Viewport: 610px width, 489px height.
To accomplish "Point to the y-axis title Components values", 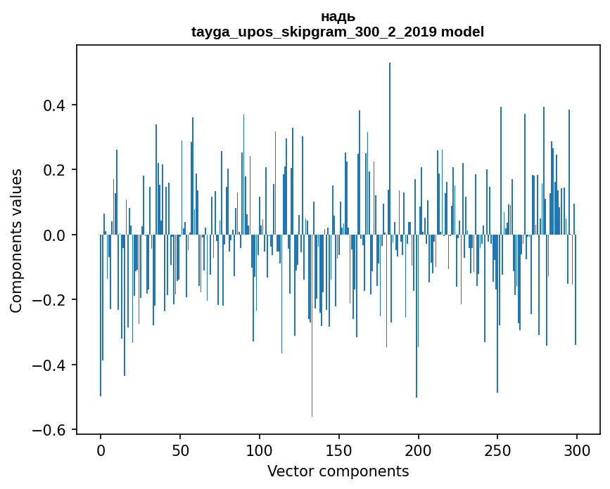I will (x=16, y=240).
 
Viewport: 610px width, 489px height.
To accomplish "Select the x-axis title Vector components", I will (x=338, y=471).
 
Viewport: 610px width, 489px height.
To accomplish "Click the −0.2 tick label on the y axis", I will (x=49, y=300).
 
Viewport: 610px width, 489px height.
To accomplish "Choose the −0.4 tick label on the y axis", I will (x=49, y=365).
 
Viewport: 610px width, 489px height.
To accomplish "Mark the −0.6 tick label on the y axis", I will (x=49, y=430).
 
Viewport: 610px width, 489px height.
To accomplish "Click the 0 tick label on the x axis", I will (x=101, y=449).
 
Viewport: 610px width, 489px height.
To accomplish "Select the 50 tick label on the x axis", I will (x=180, y=449).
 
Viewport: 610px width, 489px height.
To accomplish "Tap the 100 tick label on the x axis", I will (x=260, y=449).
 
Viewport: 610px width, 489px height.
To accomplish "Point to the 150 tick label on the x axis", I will (x=338, y=449).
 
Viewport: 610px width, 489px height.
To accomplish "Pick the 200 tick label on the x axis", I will (x=418, y=449).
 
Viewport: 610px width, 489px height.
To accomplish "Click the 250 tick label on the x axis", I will (x=497, y=449).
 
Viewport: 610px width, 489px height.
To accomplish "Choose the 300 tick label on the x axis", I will (x=577, y=449).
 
